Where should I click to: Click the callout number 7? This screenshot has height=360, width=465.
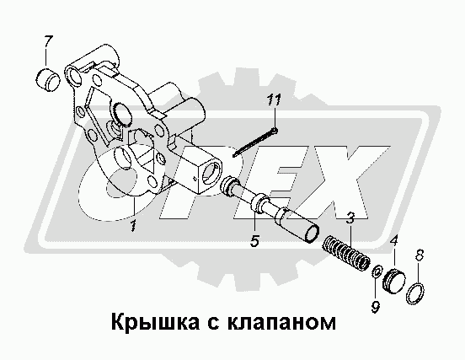(48, 42)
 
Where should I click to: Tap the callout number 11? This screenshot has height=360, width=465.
(274, 100)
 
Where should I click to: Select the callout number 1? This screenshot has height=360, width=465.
(133, 226)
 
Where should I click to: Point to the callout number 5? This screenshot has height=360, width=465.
(254, 240)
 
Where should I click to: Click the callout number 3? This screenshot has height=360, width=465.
(350, 218)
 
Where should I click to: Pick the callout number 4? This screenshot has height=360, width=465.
(394, 242)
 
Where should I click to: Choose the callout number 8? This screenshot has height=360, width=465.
(420, 255)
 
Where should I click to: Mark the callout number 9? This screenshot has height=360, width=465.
(375, 307)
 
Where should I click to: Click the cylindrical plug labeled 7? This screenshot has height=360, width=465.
(48, 79)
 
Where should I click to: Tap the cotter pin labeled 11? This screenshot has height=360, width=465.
(255, 142)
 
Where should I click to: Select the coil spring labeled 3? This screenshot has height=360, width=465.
(346, 254)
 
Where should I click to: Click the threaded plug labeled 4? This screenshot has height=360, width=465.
(393, 281)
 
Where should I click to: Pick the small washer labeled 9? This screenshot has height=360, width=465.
(377, 271)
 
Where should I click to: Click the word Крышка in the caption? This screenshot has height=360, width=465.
(155, 322)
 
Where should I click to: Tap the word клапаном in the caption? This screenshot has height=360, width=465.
(281, 323)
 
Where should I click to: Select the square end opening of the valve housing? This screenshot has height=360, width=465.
(211, 173)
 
